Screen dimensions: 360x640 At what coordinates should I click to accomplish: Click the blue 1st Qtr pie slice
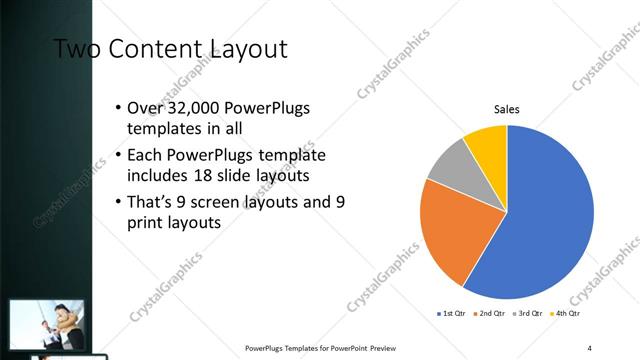[x=545, y=220]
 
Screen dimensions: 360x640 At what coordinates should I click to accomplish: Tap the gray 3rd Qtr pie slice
[x=449, y=166]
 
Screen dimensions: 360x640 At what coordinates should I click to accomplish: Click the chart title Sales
[x=507, y=110]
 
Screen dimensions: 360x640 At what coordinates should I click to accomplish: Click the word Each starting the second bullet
[x=144, y=156]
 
